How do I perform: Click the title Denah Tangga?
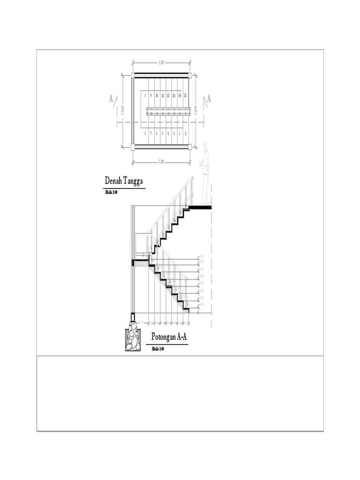tap(124, 181)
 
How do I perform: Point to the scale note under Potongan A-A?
tap(158, 349)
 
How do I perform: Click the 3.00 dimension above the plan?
tap(161, 62)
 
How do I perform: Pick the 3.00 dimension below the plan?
tap(161, 162)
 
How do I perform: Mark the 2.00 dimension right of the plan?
tap(195, 111)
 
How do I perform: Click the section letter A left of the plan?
tap(111, 98)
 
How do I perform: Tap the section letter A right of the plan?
tap(209, 98)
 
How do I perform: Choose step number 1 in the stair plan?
tap(186, 133)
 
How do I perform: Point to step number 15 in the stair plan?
tap(186, 96)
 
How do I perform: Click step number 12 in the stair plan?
tap(168, 96)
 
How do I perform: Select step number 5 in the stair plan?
tap(163, 133)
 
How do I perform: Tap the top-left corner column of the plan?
tap(133, 75)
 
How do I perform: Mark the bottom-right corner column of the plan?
tap(191, 147)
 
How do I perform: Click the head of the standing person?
tap(206, 147)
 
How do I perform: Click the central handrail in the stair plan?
tap(169, 111)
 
